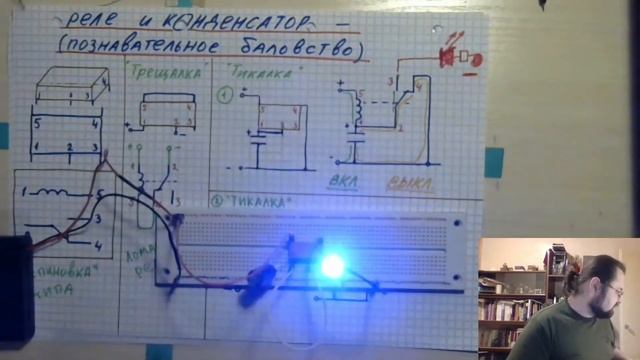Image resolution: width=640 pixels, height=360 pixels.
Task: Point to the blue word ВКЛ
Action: coord(347,184)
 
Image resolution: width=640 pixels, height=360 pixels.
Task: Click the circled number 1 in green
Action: coord(225,97)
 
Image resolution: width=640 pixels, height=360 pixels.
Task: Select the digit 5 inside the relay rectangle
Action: coord(36,125)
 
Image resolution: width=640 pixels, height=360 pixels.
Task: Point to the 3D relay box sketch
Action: coord(71,86)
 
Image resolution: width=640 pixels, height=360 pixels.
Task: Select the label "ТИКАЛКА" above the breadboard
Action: coord(265,201)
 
